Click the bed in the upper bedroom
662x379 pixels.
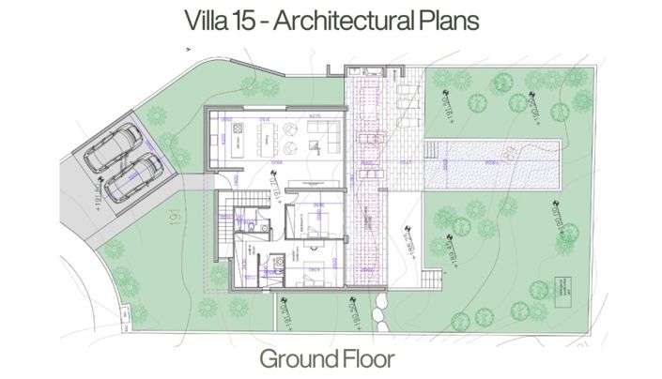312,221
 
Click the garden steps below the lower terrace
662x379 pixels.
431,279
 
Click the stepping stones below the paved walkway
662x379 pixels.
381,302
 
